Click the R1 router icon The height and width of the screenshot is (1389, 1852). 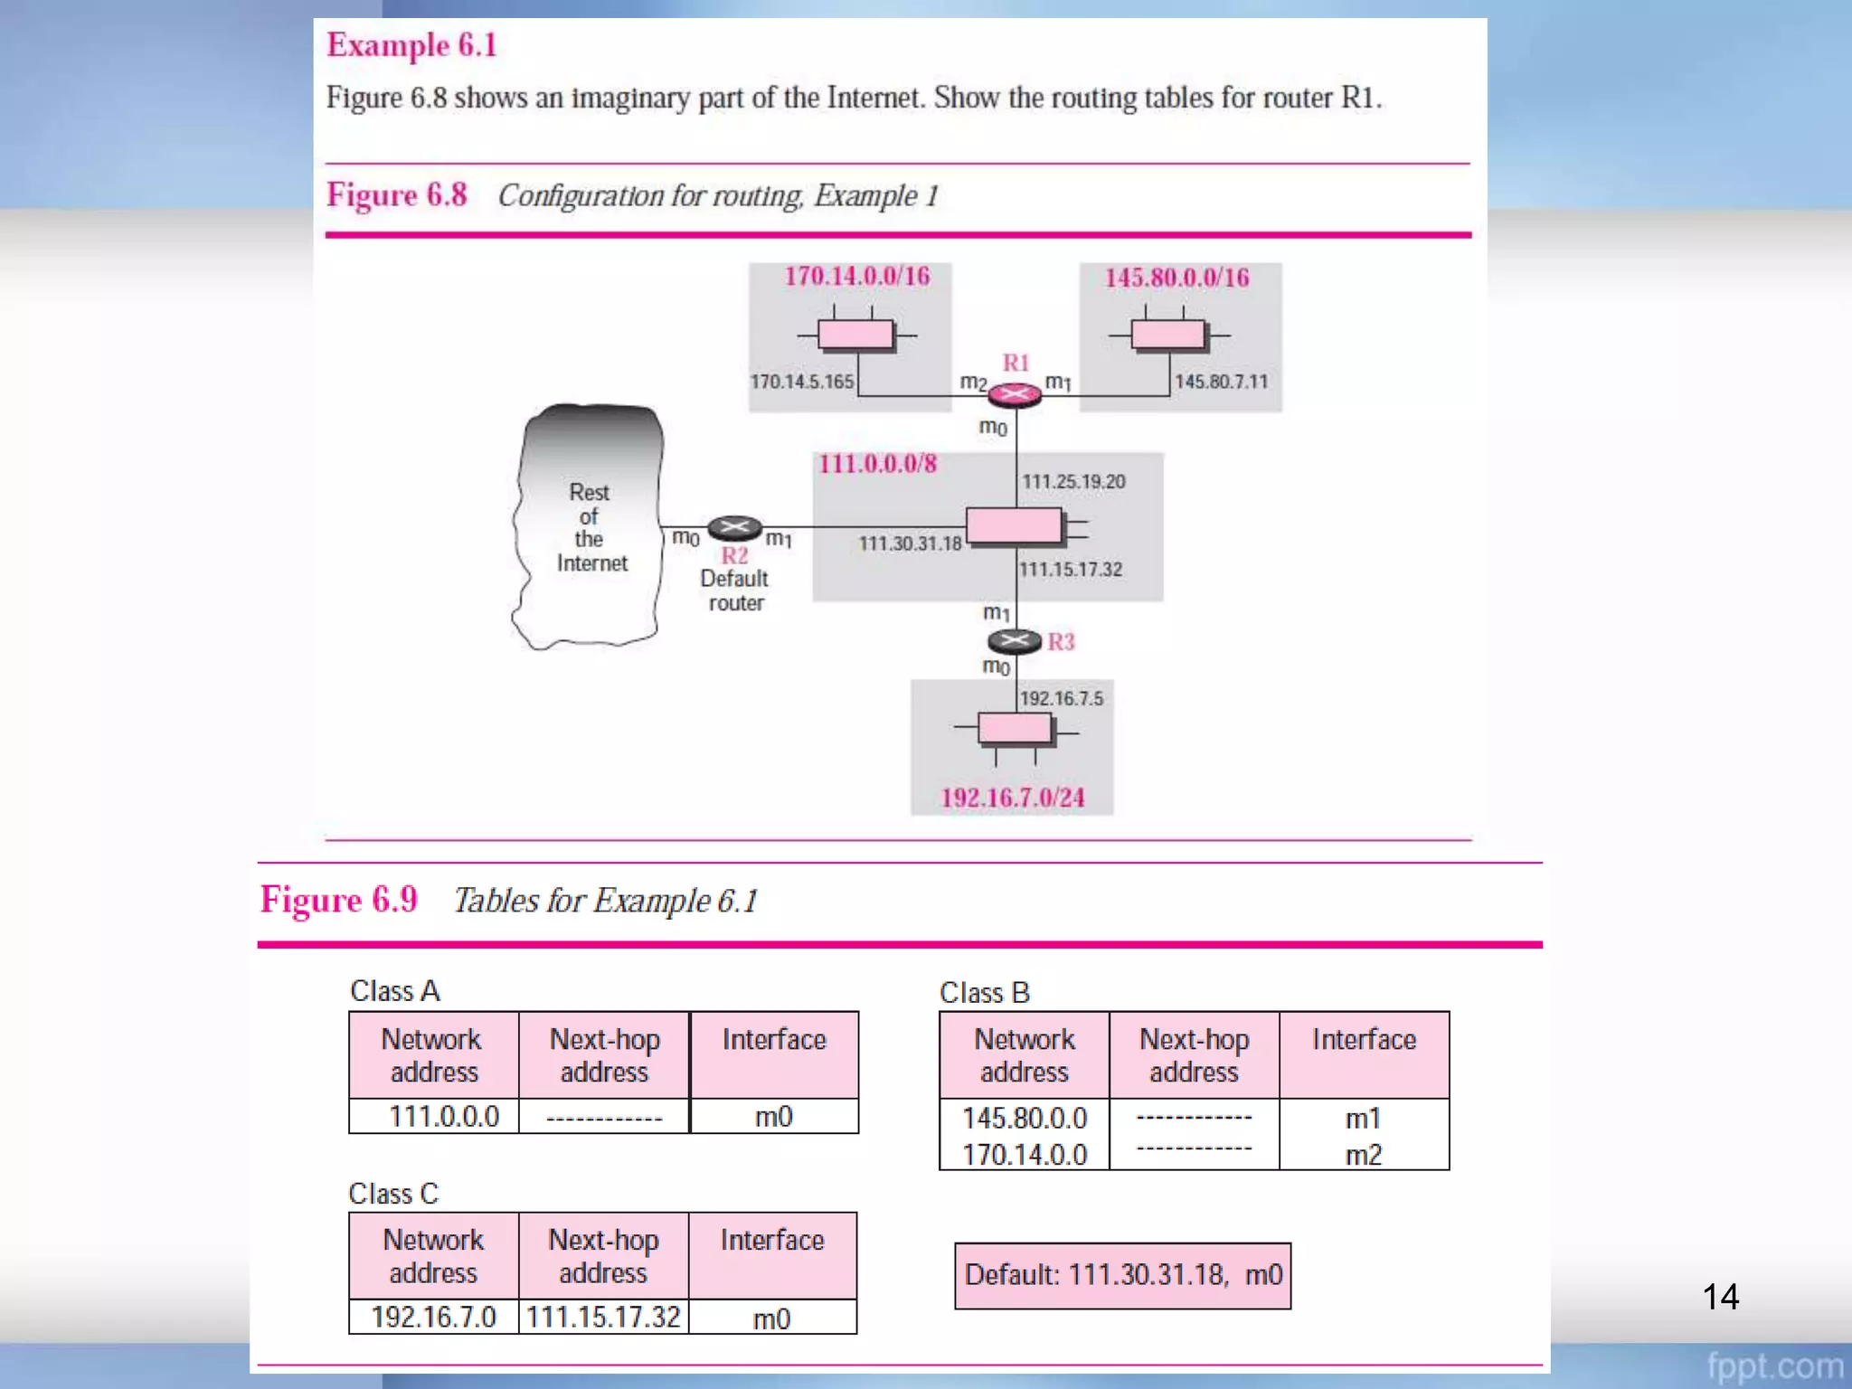tap(1015, 394)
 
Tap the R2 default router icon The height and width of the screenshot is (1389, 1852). tap(734, 527)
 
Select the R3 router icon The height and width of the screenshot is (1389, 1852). tap(1015, 641)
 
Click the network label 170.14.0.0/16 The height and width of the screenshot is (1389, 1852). tap(856, 276)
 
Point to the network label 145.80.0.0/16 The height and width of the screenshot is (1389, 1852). tap(1176, 278)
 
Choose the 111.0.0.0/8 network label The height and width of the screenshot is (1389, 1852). tap(877, 464)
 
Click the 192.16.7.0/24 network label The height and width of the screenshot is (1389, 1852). tap(1012, 798)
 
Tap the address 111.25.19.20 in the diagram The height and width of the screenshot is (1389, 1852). tap(1073, 481)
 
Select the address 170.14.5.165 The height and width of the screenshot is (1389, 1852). tap(801, 382)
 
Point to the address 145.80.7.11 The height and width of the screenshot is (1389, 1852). tap(1221, 382)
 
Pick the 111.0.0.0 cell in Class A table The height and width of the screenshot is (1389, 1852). tap(443, 1117)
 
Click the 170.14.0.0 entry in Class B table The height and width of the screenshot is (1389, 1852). tap(1024, 1155)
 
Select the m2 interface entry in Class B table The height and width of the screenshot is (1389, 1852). tap(1363, 1155)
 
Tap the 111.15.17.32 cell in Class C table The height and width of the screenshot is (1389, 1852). tap(603, 1317)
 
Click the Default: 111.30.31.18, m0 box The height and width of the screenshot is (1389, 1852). tap(1122, 1275)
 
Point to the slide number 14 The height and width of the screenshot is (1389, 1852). tap(1720, 1297)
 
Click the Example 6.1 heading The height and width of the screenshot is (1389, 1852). tap(411, 45)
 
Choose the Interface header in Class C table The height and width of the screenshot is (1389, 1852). tap(772, 1240)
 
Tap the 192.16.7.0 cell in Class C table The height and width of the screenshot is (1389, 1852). tap(433, 1317)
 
